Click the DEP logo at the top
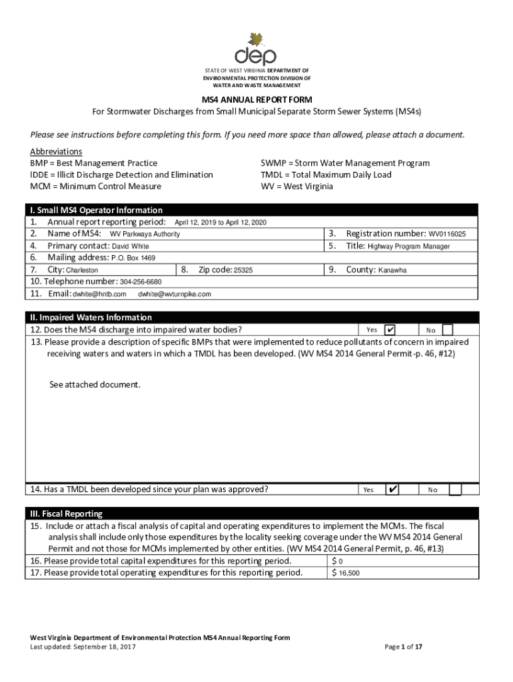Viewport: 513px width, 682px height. [x=255, y=49]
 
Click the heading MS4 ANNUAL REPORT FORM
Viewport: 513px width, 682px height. [x=256, y=99]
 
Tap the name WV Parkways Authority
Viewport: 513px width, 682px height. [x=145, y=234]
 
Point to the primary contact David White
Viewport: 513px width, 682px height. [x=130, y=246]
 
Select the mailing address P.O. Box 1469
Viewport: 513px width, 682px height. [x=133, y=258]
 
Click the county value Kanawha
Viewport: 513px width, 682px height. [x=392, y=270]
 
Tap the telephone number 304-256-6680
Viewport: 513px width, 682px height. [x=141, y=282]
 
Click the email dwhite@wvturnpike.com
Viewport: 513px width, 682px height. [x=175, y=294]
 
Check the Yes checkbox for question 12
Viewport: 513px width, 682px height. [x=390, y=330]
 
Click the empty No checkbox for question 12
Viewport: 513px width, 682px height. [x=448, y=330]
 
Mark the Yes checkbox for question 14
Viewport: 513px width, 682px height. [x=392, y=490]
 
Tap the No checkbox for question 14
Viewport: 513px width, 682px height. [x=454, y=490]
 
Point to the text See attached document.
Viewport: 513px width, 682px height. [x=95, y=385]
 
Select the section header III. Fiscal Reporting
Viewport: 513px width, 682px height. [x=66, y=514]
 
